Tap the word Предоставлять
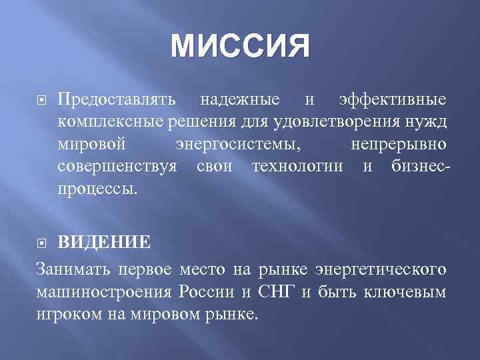tap(117, 100)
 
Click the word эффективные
tap(393, 100)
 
